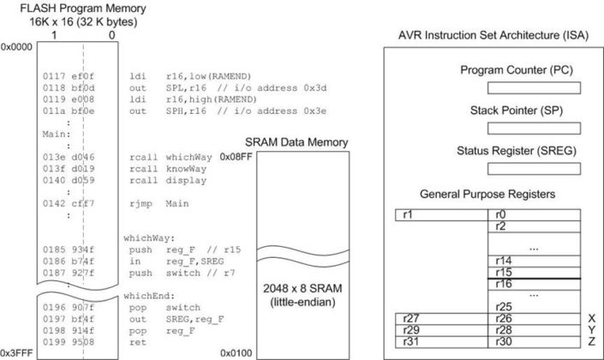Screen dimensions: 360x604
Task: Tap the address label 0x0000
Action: point(15,45)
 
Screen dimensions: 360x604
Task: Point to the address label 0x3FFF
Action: point(15,352)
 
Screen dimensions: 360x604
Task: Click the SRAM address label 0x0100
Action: point(235,352)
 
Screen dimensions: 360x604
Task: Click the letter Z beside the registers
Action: point(591,342)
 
